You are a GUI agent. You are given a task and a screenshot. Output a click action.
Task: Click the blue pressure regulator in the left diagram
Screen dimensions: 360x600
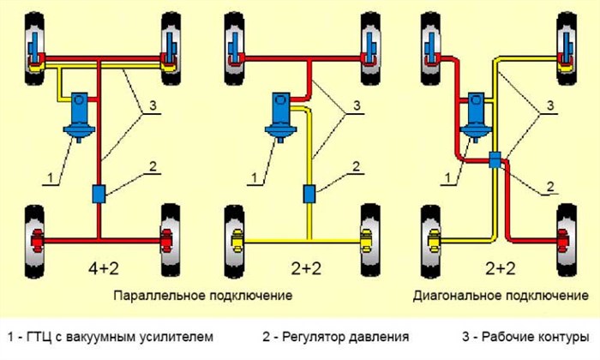(99, 195)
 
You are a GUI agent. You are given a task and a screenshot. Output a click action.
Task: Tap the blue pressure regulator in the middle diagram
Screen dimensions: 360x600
(309, 195)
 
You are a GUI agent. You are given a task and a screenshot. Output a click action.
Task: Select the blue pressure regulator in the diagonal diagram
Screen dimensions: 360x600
(495, 159)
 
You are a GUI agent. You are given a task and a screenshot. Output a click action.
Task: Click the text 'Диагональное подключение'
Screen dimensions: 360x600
(495, 295)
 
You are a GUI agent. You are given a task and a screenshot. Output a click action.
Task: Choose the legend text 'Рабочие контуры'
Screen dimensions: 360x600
(531, 336)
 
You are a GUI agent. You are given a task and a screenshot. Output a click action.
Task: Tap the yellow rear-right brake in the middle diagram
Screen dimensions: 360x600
(368, 237)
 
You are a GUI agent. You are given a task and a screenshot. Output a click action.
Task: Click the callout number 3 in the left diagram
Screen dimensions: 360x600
(151, 105)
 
